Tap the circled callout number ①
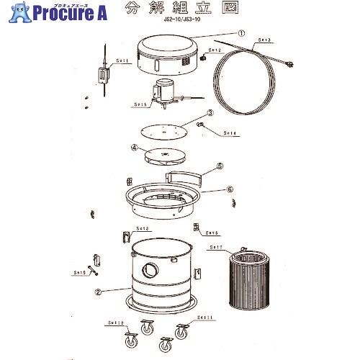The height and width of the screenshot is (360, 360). (x=241, y=32)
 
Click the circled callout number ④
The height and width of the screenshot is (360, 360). (x=134, y=149)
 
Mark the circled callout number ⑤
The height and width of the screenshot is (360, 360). (x=220, y=165)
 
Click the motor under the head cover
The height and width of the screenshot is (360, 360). (x=163, y=93)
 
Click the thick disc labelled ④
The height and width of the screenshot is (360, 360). (x=165, y=156)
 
